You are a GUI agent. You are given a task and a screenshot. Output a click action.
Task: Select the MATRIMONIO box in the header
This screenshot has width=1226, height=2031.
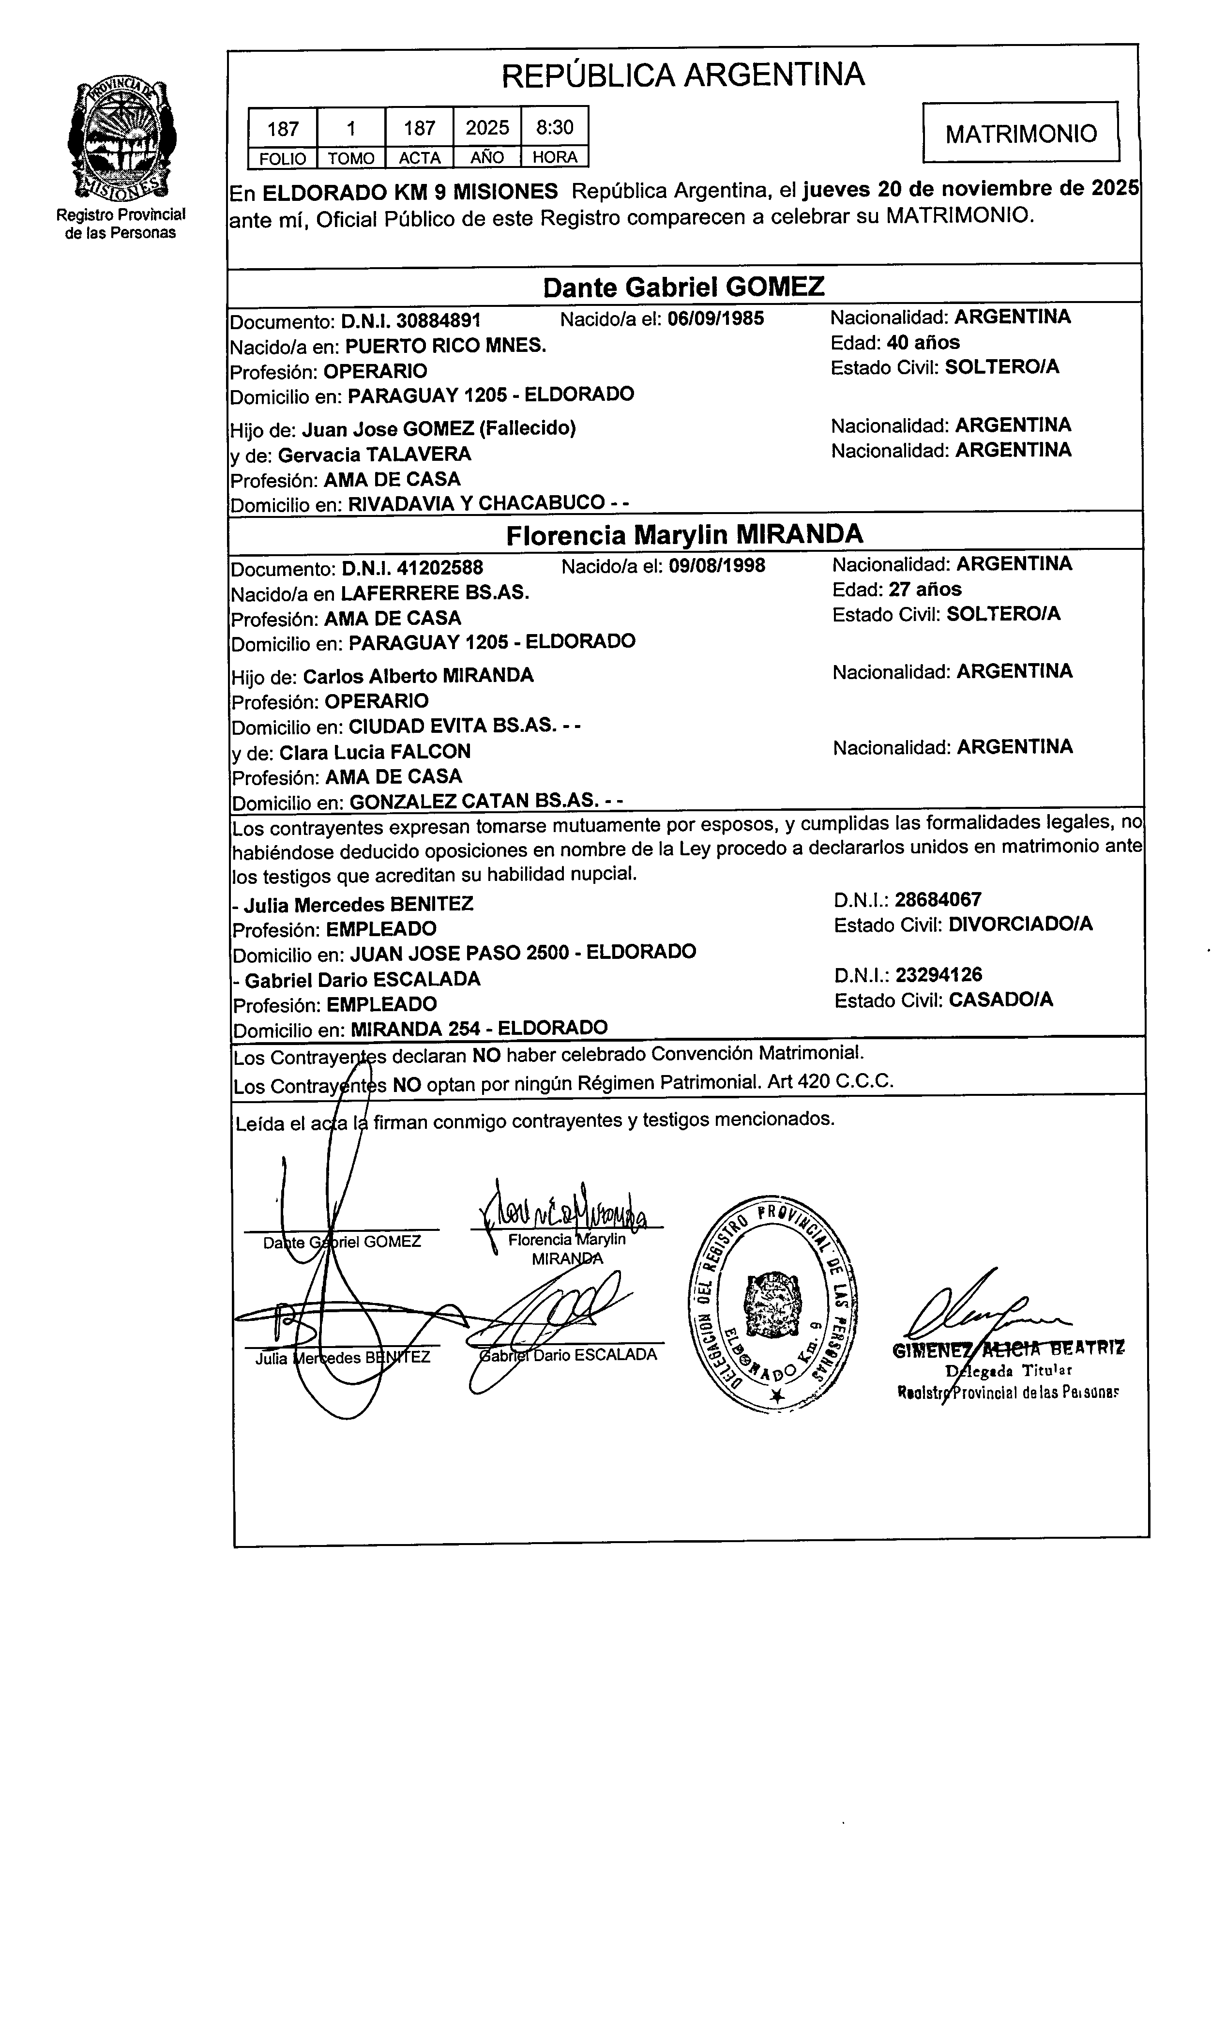tap(1020, 133)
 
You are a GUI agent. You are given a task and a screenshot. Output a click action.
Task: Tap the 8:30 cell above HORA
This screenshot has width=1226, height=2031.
tap(554, 127)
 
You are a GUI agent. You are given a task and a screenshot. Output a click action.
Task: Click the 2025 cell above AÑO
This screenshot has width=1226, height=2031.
tap(486, 127)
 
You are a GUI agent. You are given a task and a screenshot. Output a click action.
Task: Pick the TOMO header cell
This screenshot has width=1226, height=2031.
tap(351, 157)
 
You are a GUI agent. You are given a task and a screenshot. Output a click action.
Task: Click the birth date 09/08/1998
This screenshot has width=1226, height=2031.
tap(716, 565)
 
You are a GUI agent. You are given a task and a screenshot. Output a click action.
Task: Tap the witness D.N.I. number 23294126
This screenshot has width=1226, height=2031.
tap(938, 974)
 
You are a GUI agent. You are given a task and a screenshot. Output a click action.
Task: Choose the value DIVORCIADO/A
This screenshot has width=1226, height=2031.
tap(1020, 924)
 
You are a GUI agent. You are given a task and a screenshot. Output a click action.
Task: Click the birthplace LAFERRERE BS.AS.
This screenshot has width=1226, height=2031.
tap(435, 592)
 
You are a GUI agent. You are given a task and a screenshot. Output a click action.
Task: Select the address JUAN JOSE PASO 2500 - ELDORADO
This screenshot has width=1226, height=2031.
tap(523, 952)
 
